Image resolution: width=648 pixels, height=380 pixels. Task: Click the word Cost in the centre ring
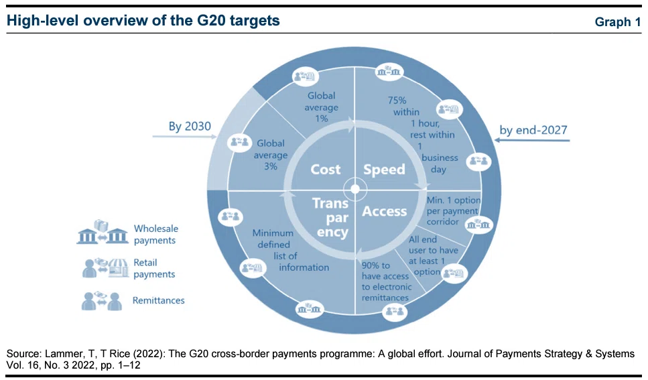point(326,170)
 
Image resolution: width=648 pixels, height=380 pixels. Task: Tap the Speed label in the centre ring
point(385,170)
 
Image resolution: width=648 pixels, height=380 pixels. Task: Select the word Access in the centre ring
point(385,211)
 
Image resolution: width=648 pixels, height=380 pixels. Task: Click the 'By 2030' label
point(190,126)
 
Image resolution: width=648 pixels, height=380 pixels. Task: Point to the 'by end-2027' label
point(533,130)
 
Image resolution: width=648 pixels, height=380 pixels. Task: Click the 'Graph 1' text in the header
point(618,22)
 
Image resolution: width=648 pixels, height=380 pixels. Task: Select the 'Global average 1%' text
point(322,107)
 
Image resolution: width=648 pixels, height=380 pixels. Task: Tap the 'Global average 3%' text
point(271,155)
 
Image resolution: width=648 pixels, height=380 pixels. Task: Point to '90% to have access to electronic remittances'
point(387,281)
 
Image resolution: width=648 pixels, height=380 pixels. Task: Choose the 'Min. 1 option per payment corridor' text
point(454,211)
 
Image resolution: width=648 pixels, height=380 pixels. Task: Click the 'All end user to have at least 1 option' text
point(433,255)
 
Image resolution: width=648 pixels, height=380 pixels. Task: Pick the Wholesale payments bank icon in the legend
point(103,233)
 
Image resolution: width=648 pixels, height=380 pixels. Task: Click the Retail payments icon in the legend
point(105,268)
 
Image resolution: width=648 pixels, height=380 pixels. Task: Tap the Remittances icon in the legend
point(102,301)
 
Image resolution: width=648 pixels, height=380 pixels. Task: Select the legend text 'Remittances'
point(158,301)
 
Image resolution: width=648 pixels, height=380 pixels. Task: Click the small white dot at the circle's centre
point(355,190)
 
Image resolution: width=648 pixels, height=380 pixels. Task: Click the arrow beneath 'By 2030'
point(185,136)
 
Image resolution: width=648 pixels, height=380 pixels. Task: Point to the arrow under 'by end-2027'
point(532,140)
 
